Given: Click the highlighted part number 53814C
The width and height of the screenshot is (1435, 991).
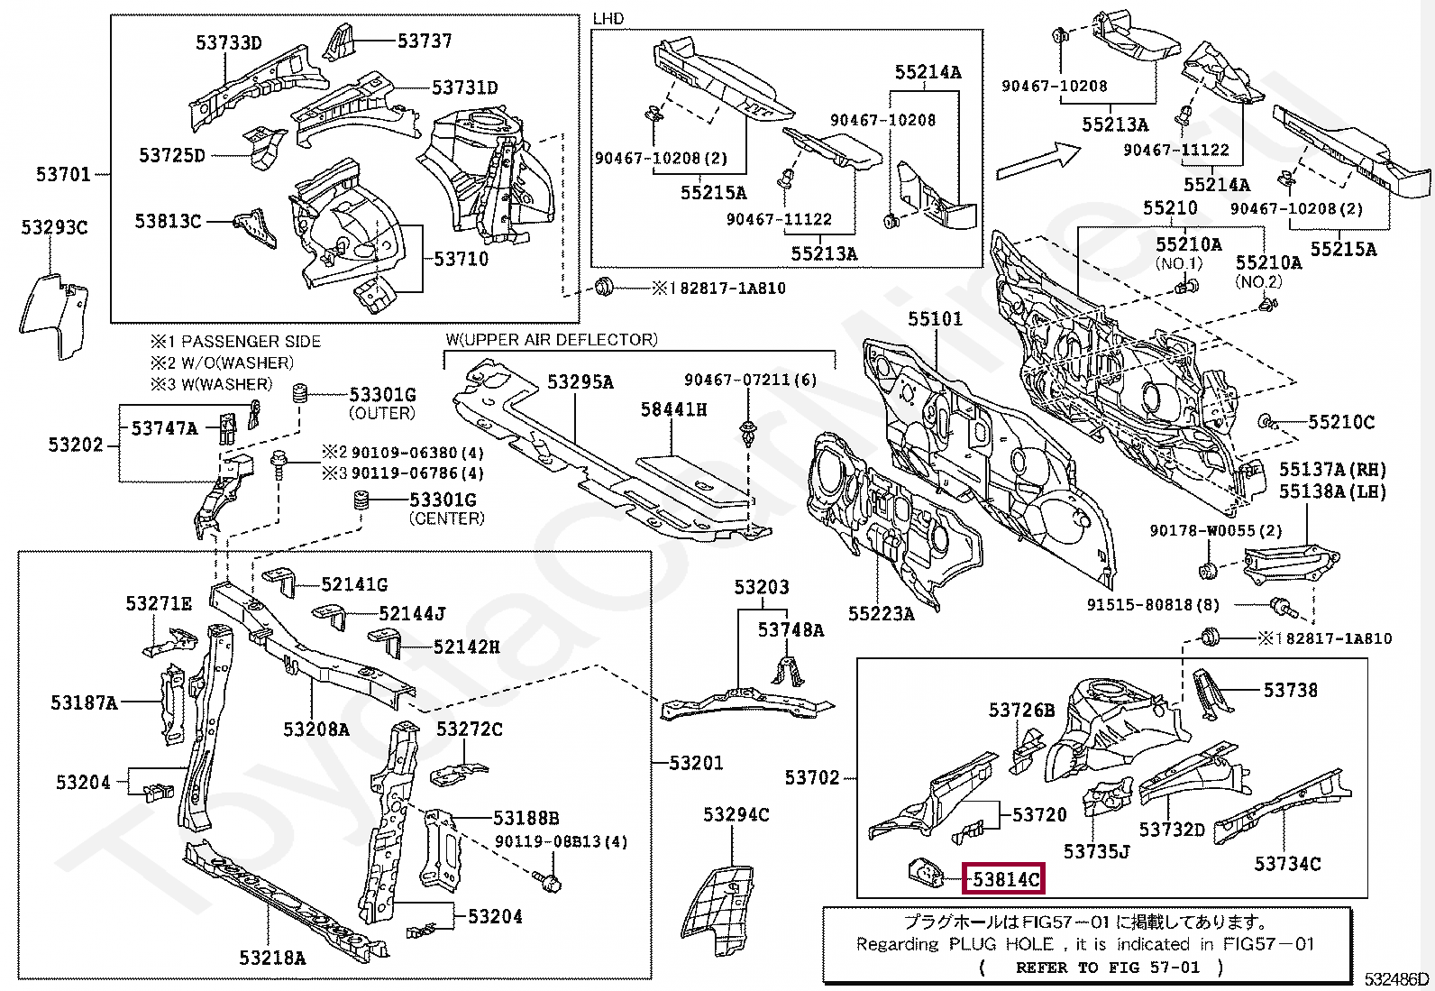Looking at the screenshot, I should tap(1003, 877).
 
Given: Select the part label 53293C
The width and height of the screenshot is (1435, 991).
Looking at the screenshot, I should tap(54, 227).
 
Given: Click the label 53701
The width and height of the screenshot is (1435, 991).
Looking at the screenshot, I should tap(63, 173).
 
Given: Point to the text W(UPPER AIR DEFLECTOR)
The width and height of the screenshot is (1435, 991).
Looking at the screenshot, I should tap(551, 339).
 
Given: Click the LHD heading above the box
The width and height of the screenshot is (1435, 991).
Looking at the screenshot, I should tap(608, 18).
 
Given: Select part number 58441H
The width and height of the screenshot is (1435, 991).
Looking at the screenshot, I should tap(673, 408).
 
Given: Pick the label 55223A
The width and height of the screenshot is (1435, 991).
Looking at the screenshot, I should tap(881, 613).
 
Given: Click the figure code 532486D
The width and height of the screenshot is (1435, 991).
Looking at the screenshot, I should tap(1396, 978).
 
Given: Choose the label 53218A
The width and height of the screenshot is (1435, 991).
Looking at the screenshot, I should tap(272, 958).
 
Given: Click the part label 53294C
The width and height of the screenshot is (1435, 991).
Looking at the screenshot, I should tap(736, 815).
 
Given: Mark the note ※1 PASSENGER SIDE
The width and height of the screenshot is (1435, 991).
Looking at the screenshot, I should tap(235, 341).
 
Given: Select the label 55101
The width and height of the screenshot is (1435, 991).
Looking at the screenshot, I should tap(935, 318).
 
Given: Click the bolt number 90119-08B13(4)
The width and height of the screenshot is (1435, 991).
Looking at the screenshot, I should tap(561, 841).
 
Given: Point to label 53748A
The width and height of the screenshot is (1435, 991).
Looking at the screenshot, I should tap(791, 629).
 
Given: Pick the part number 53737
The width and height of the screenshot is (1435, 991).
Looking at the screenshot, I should tap(425, 41).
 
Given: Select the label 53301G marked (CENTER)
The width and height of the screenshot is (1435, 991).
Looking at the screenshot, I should tap(443, 499).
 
